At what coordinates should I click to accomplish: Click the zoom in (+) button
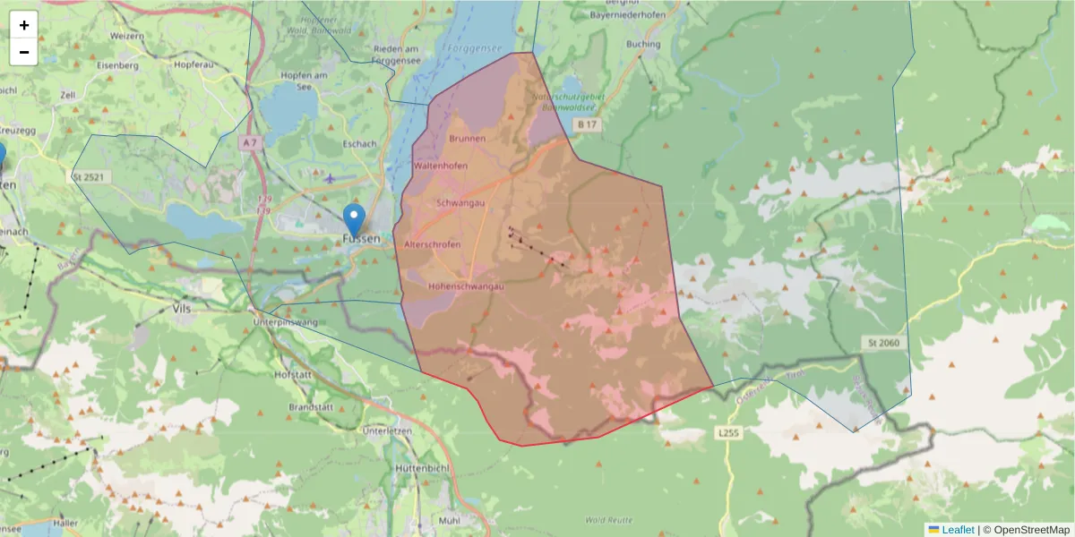pos(24,25)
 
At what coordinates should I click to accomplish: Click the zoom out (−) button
pos(24,52)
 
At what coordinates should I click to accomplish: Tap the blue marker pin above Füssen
pos(355,217)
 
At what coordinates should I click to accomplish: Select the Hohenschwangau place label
pos(466,286)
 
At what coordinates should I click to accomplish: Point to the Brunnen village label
pos(468,139)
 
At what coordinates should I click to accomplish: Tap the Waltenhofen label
pos(440,166)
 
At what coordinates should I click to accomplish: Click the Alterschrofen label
pos(433,244)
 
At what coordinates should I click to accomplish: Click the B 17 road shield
pos(587,124)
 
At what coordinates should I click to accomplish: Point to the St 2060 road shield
pos(883,343)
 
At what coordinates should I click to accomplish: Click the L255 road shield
pos(729,432)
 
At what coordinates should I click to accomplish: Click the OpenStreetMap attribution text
pos(1027,530)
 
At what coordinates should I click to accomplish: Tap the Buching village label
pos(643,44)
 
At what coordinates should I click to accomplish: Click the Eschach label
pos(359,143)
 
